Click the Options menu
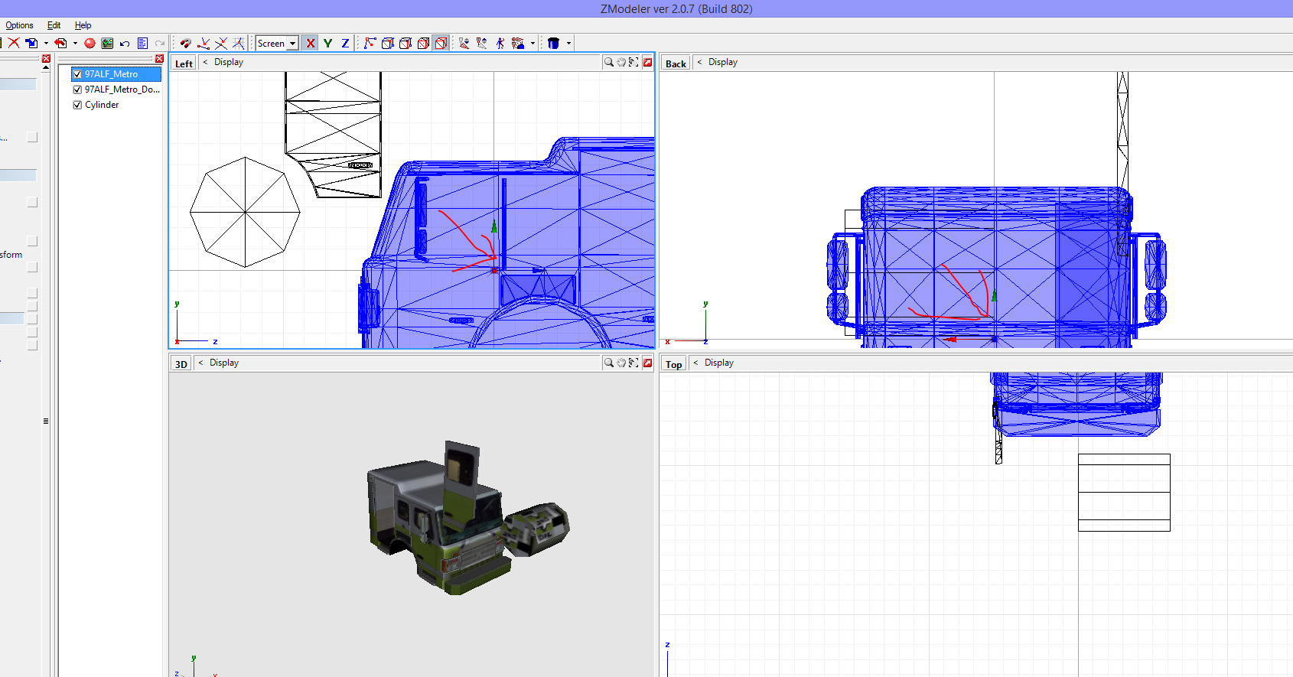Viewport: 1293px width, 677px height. pos(19,25)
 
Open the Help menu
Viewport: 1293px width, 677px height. pos(83,25)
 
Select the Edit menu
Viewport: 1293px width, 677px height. pos(54,25)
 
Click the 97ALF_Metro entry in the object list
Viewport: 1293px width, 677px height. pos(111,74)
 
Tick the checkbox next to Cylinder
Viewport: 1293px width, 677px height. pos(77,105)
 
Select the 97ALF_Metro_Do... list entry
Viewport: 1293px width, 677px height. pos(122,90)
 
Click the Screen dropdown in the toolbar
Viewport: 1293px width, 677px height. pos(277,44)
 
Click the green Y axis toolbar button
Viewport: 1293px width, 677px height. pos(327,44)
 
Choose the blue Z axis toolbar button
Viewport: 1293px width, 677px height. pos(345,44)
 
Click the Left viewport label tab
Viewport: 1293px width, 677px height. pos(184,63)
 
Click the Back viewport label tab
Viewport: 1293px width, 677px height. pos(676,63)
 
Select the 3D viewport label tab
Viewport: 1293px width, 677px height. pos(181,364)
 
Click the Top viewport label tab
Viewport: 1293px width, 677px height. pos(673,364)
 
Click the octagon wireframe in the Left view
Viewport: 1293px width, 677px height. pos(245,212)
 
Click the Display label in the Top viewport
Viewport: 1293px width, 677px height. pos(718,363)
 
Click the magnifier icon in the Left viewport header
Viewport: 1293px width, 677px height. pos(608,62)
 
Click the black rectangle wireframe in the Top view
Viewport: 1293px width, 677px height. pos(1124,492)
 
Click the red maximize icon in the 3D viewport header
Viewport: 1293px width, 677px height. pos(647,363)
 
